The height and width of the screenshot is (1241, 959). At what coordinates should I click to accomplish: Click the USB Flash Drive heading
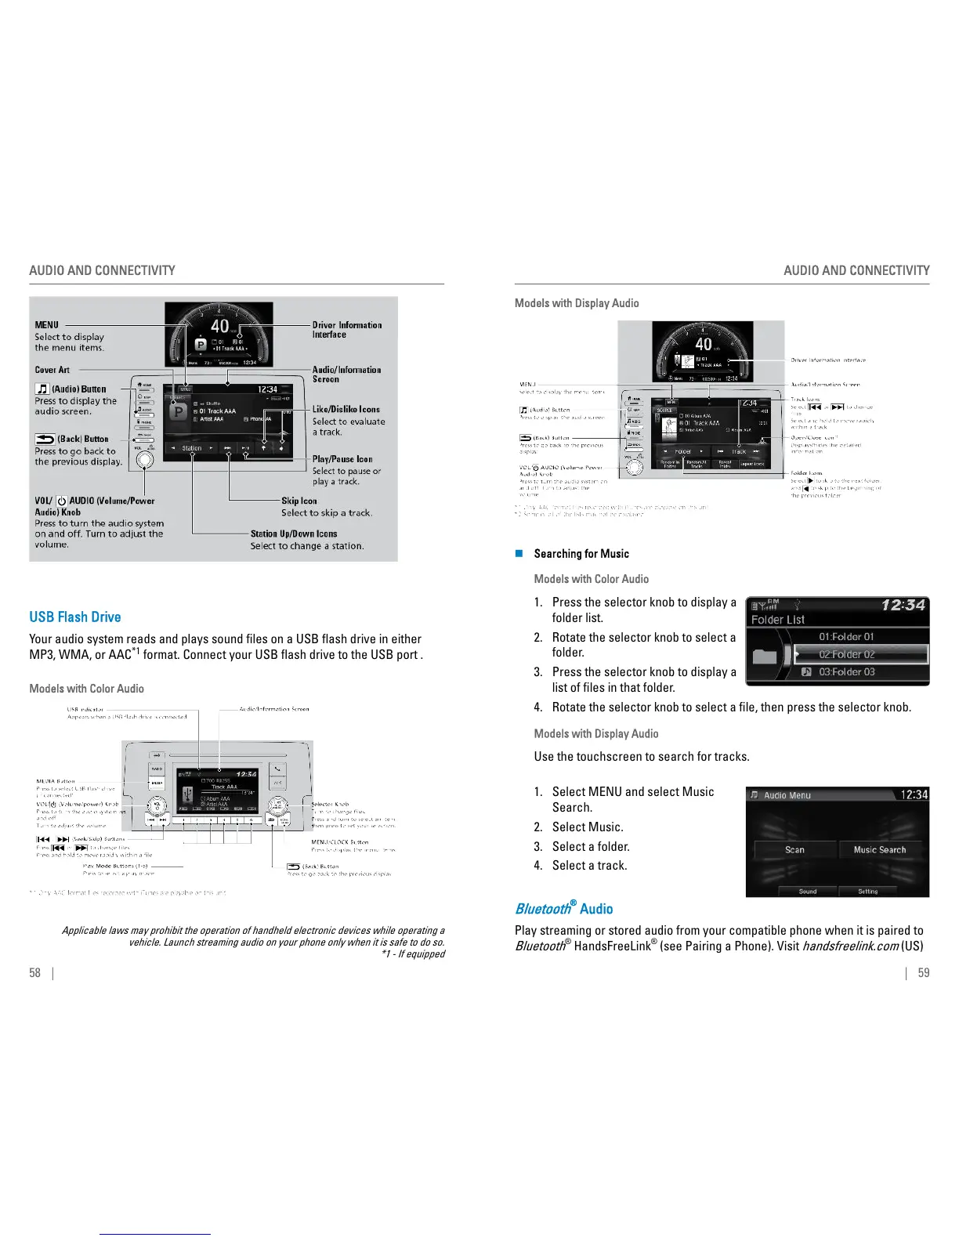[x=75, y=617]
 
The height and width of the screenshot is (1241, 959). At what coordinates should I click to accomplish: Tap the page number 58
[x=35, y=973]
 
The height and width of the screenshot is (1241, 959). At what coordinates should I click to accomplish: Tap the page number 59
[x=924, y=973]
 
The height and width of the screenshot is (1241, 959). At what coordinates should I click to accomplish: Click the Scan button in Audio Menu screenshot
[x=794, y=850]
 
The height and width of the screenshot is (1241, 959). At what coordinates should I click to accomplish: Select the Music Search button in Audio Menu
[x=879, y=850]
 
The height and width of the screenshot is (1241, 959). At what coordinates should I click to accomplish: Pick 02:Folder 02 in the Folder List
[x=846, y=654]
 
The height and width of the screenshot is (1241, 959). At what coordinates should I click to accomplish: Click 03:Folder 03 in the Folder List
[x=846, y=672]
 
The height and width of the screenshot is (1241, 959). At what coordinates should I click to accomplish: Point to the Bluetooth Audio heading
[x=563, y=909]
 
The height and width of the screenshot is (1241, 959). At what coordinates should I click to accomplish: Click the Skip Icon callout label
[x=299, y=501]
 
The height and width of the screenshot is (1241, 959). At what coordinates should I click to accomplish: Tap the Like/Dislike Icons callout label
[x=346, y=409]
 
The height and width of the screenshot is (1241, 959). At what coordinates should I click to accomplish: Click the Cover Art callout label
[x=52, y=370]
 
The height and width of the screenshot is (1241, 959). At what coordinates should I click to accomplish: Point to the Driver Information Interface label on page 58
[x=347, y=330]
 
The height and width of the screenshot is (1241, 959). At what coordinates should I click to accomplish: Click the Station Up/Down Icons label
[x=294, y=534]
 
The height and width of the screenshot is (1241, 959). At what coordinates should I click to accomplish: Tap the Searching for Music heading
[x=581, y=554]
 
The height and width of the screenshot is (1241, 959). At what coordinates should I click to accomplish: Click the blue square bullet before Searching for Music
[x=518, y=554]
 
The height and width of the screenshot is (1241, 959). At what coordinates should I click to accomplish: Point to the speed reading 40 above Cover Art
[x=220, y=325]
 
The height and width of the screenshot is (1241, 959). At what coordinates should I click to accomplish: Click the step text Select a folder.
[x=591, y=847]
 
